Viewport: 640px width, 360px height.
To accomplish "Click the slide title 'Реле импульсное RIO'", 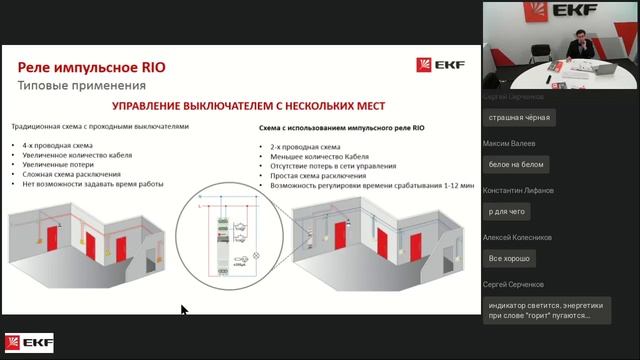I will click(x=91, y=67).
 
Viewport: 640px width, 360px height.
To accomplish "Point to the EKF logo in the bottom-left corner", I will click(x=29, y=344).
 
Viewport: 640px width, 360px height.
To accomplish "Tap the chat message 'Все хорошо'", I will click(x=508, y=258).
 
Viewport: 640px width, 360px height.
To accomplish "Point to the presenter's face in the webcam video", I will click(x=577, y=43).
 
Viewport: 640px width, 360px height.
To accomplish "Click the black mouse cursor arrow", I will click(x=184, y=311).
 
